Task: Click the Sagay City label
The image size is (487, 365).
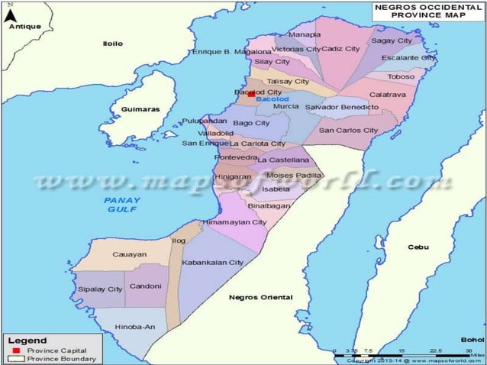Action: [x=391, y=40]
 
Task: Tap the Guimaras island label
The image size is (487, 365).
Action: [x=140, y=109]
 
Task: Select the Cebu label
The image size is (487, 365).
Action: [x=418, y=247]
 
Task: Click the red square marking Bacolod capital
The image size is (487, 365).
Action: [x=250, y=95]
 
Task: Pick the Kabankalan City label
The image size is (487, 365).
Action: [x=212, y=262]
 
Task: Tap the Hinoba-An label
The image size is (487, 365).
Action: [x=134, y=327]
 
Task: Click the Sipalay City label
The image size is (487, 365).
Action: [x=100, y=289]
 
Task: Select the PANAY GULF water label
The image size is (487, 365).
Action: [x=118, y=204]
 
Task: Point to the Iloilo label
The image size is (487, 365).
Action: [x=112, y=44]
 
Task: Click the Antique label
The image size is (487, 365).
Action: [x=24, y=27]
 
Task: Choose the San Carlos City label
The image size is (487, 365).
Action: [x=348, y=130]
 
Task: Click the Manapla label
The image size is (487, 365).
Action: [x=305, y=35]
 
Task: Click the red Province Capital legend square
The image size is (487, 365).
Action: [x=15, y=350]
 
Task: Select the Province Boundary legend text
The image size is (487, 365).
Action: [x=62, y=358]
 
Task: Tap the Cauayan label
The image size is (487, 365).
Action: [x=129, y=254]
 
